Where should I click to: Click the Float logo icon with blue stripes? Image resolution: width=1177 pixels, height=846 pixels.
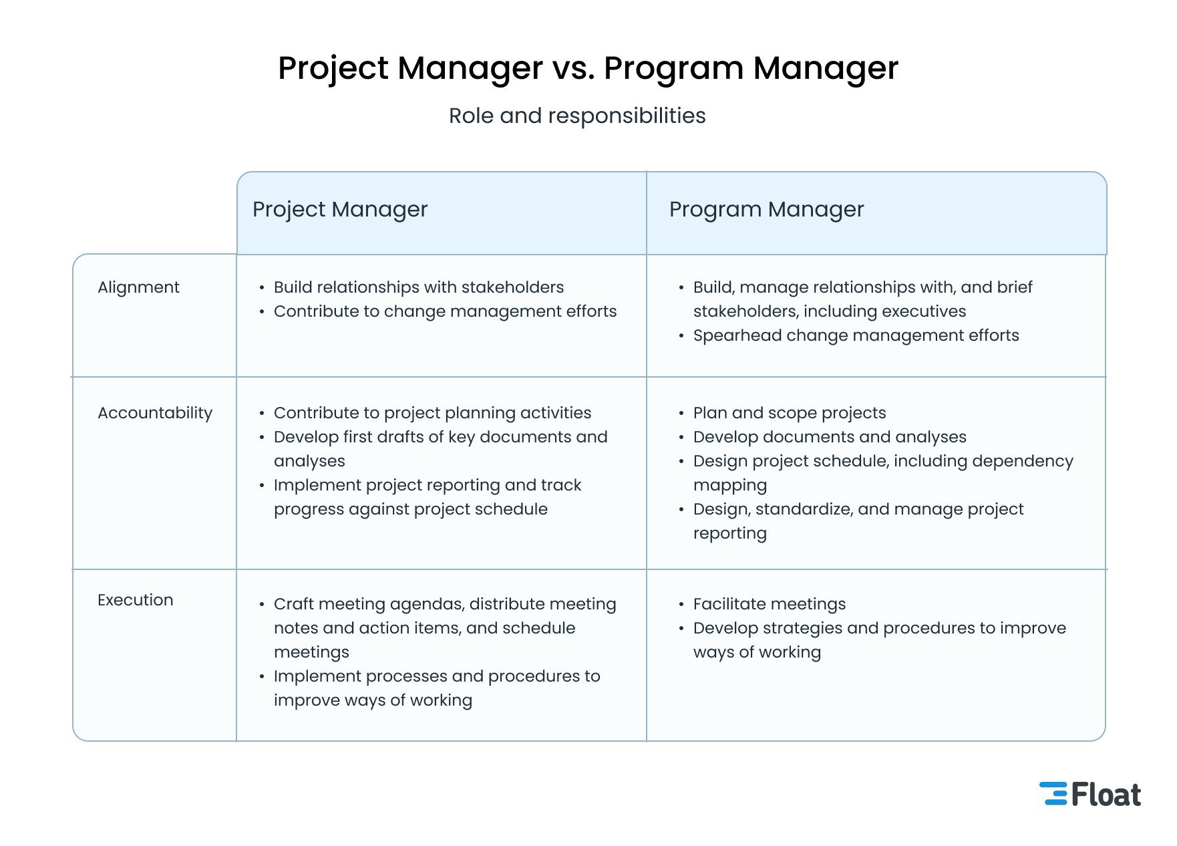click(1053, 793)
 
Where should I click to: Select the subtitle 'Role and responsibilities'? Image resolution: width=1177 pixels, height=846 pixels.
click(577, 116)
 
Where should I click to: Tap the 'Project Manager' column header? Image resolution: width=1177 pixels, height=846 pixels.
click(340, 209)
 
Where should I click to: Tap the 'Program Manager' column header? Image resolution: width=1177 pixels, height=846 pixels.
click(766, 209)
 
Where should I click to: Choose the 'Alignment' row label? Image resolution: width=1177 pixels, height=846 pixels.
click(138, 287)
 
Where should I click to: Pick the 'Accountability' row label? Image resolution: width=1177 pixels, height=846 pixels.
click(155, 413)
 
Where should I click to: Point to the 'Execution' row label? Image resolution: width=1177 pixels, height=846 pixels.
click(136, 600)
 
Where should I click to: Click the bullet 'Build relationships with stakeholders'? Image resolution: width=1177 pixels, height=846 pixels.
click(419, 287)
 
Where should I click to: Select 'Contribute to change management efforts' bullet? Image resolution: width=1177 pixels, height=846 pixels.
click(445, 311)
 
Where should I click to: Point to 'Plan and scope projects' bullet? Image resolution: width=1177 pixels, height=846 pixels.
click(790, 413)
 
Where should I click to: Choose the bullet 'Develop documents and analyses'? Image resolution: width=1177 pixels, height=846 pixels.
click(830, 437)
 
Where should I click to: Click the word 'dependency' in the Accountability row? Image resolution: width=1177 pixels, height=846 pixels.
click(1023, 461)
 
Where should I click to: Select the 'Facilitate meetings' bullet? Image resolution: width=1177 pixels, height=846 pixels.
click(770, 604)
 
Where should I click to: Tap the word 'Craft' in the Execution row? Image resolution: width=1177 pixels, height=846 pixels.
click(294, 604)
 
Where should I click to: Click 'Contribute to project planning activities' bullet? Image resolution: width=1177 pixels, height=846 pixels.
click(432, 413)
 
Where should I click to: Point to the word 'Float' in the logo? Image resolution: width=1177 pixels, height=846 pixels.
click(1106, 795)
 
